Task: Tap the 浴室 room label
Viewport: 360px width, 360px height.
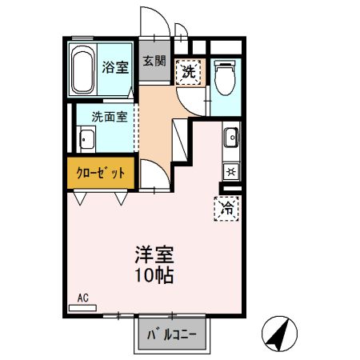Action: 115,67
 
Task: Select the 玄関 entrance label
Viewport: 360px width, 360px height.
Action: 154,60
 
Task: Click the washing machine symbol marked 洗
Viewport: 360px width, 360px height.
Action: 189,71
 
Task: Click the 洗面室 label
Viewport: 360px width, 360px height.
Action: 108,114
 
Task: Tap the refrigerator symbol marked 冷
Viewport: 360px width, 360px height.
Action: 226,209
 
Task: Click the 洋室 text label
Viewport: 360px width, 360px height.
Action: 153,259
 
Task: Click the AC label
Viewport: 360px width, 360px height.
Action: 82,298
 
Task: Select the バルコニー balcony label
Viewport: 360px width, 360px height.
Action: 170,334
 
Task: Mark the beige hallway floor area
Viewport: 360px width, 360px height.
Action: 156,120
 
